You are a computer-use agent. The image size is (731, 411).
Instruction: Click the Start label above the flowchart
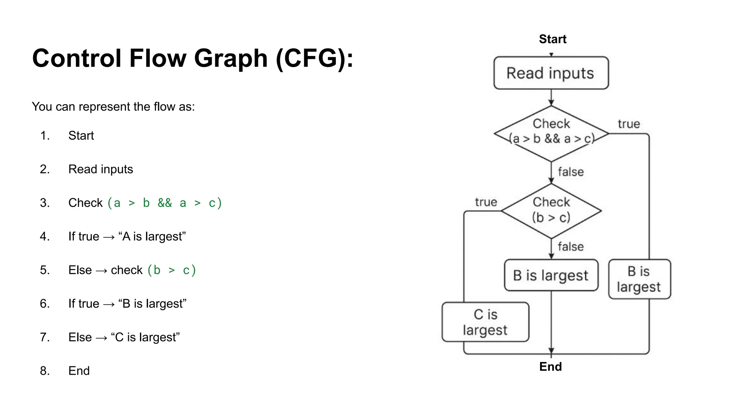[552, 39]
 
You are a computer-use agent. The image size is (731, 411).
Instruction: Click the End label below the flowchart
[550, 366]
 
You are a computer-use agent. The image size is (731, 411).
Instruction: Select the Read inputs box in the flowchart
[551, 73]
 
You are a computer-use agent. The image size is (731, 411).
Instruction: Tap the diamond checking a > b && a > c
[551, 133]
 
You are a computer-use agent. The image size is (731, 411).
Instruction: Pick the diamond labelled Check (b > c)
[551, 210]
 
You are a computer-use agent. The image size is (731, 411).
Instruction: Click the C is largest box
[485, 322]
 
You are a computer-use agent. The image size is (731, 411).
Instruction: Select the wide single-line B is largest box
[551, 275]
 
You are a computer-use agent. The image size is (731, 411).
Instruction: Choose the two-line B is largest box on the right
[639, 279]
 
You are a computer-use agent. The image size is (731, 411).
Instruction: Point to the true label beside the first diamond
[629, 124]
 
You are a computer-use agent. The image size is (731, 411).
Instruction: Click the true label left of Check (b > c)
[486, 202]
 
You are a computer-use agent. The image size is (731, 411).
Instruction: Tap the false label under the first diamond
[570, 172]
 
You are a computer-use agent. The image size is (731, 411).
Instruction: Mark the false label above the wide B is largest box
[570, 247]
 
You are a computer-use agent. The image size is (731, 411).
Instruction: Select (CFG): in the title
[314, 58]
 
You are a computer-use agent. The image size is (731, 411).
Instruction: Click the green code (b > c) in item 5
[172, 270]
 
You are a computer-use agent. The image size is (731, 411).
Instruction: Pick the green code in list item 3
[165, 203]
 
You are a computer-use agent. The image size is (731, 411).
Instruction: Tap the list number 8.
[45, 371]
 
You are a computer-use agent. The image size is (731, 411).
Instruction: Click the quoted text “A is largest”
[152, 236]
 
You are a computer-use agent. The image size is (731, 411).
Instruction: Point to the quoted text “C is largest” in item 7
[145, 337]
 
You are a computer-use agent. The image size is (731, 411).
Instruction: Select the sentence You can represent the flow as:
[113, 107]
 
